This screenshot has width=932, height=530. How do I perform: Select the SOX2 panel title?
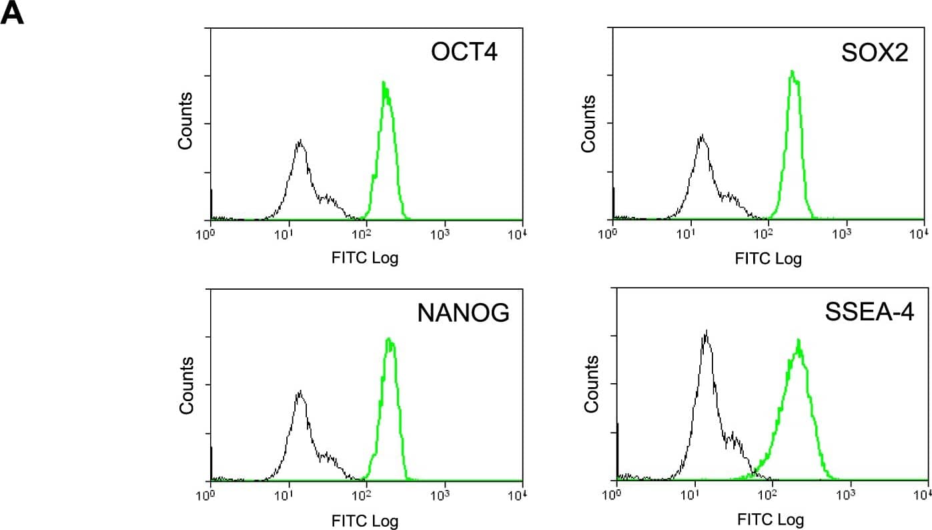click(874, 53)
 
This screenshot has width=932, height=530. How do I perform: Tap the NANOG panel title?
click(463, 313)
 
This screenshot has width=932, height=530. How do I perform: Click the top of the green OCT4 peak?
click(384, 83)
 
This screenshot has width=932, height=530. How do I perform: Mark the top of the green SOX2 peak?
click(791, 71)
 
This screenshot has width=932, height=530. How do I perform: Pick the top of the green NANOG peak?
click(388, 339)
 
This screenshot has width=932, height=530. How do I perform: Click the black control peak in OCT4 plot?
click(300, 142)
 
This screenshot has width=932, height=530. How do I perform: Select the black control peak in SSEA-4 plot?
click(705, 331)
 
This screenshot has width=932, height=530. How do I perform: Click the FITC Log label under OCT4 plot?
click(365, 258)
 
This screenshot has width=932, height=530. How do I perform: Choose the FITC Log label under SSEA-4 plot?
click(771, 519)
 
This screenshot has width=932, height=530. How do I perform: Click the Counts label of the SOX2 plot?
click(588, 123)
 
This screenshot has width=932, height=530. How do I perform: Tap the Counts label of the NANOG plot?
click(186, 385)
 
